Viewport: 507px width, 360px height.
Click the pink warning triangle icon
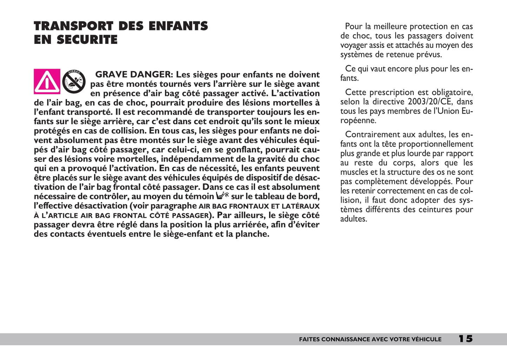(x=47, y=81)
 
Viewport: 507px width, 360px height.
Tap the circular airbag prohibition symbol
(x=74, y=81)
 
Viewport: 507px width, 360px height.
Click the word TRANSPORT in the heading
(x=73, y=26)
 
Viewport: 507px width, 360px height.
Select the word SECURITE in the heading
(x=87, y=40)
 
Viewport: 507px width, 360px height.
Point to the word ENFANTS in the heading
(x=178, y=26)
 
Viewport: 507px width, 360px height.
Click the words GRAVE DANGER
(x=133, y=74)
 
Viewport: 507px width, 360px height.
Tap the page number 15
(x=466, y=339)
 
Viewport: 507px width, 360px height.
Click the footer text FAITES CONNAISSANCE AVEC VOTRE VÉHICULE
(x=370, y=339)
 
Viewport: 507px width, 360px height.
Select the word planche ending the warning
(x=252, y=234)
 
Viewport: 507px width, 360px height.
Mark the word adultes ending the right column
(x=353, y=219)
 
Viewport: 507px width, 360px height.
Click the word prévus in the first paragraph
(x=429, y=55)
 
